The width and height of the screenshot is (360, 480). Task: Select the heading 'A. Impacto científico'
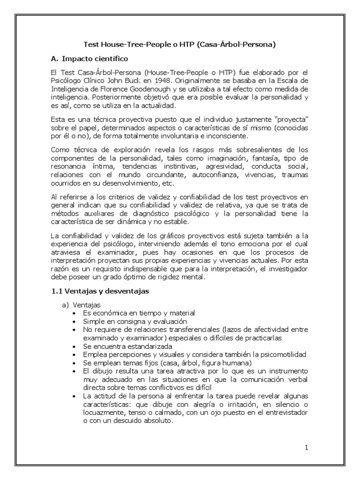click(x=90, y=60)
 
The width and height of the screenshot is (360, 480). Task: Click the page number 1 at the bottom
click(x=306, y=447)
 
